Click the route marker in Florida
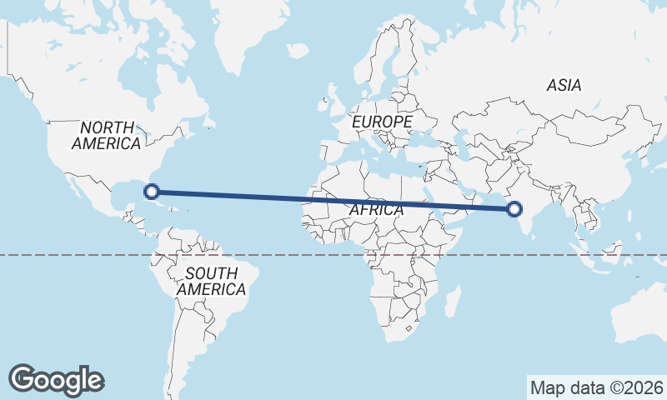(152, 191)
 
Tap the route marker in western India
(515, 208)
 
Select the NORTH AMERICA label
(106, 135)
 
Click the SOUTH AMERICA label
(211, 281)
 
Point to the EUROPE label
(382, 122)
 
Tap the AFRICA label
(376, 210)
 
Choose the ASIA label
(564, 85)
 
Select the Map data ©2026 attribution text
(596, 387)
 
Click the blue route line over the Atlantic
(250, 195)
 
